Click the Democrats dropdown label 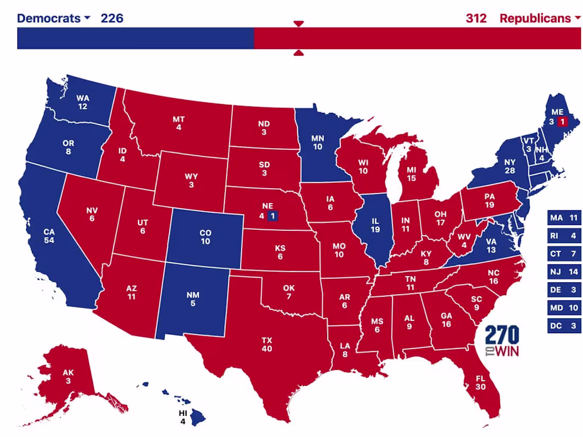coord(53,18)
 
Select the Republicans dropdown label coord(540,18)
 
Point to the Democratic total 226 coord(112,18)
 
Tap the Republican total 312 coord(476,18)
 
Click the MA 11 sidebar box coord(563,218)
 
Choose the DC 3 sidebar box coord(563,326)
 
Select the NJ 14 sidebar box coord(563,272)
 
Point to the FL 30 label coord(479,382)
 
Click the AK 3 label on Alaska coord(68,376)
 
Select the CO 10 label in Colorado coord(205,237)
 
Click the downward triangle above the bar coord(298,23)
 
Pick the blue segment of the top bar coord(135,38)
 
